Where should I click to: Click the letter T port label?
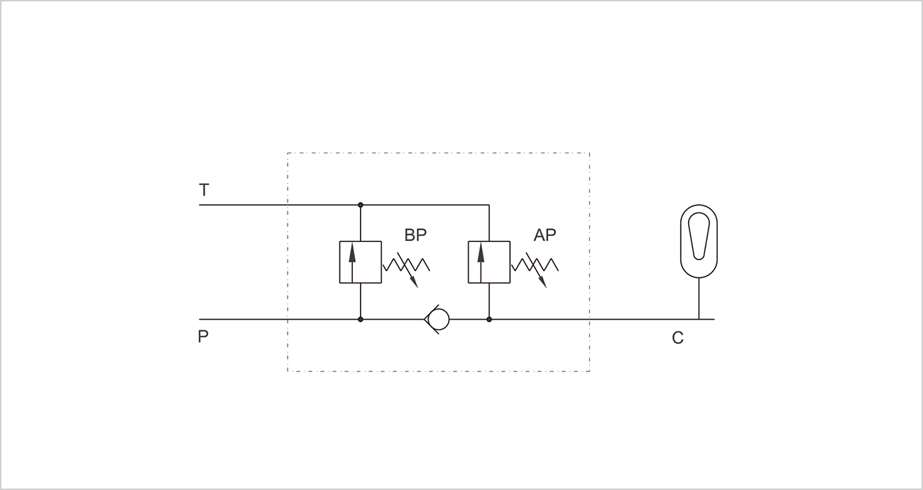tap(204, 189)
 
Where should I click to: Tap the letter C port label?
tap(678, 338)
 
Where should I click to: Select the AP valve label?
tap(545, 235)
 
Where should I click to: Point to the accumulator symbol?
tap(699, 242)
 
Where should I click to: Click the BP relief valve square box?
tap(361, 262)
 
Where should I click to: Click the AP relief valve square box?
tap(489, 262)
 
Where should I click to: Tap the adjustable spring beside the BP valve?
tap(406, 265)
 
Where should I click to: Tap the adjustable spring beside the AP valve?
tap(535, 265)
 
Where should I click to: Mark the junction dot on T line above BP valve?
tap(361, 205)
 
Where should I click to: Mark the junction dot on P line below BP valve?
tap(361, 320)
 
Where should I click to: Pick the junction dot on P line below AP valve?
tap(489, 320)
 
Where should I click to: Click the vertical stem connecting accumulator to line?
tap(699, 299)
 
